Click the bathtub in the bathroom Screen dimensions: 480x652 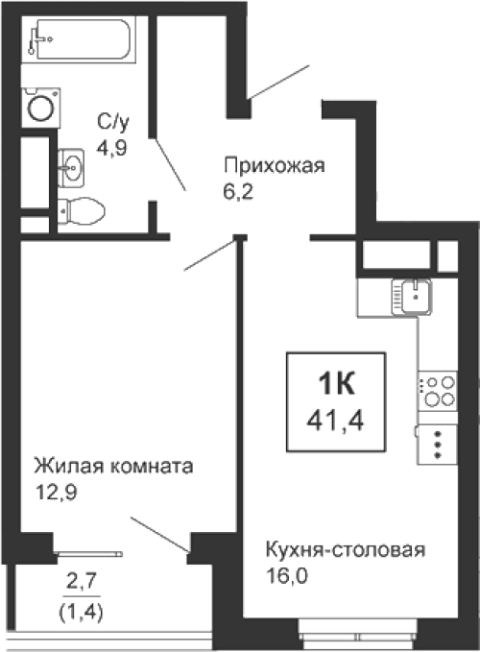click(x=79, y=39)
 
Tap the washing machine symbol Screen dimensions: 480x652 click(x=41, y=108)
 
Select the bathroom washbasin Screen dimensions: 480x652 click(x=71, y=168)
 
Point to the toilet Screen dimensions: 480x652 click(x=81, y=211)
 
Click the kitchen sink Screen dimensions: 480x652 click(x=412, y=297)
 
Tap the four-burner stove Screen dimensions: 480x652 click(x=438, y=391)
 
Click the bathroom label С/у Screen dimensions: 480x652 click(x=113, y=122)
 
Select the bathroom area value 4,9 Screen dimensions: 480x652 click(x=111, y=148)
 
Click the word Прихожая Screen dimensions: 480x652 click(x=275, y=166)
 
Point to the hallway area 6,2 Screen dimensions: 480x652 click(x=238, y=192)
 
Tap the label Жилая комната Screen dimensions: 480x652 click(x=113, y=466)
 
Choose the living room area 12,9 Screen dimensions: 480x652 click(x=56, y=493)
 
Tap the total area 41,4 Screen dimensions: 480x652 click(x=335, y=421)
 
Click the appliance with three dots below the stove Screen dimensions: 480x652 click(x=437, y=444)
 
